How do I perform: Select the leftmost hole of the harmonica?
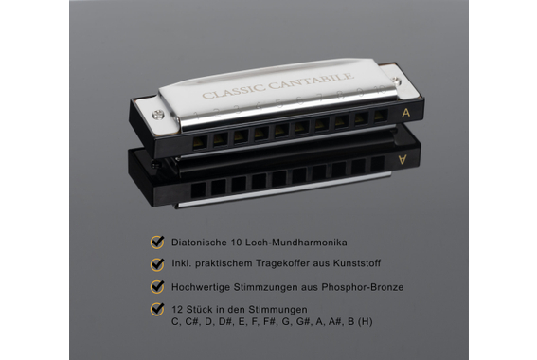point(200,138)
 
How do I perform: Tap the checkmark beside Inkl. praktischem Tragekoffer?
point(155,262)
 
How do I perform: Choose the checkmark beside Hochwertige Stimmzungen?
point(155,285)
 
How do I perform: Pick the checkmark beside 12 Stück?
point(155,308)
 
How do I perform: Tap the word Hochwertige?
point(202,286)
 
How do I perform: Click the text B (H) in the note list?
point(361,321)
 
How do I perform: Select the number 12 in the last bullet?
point(176,309)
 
